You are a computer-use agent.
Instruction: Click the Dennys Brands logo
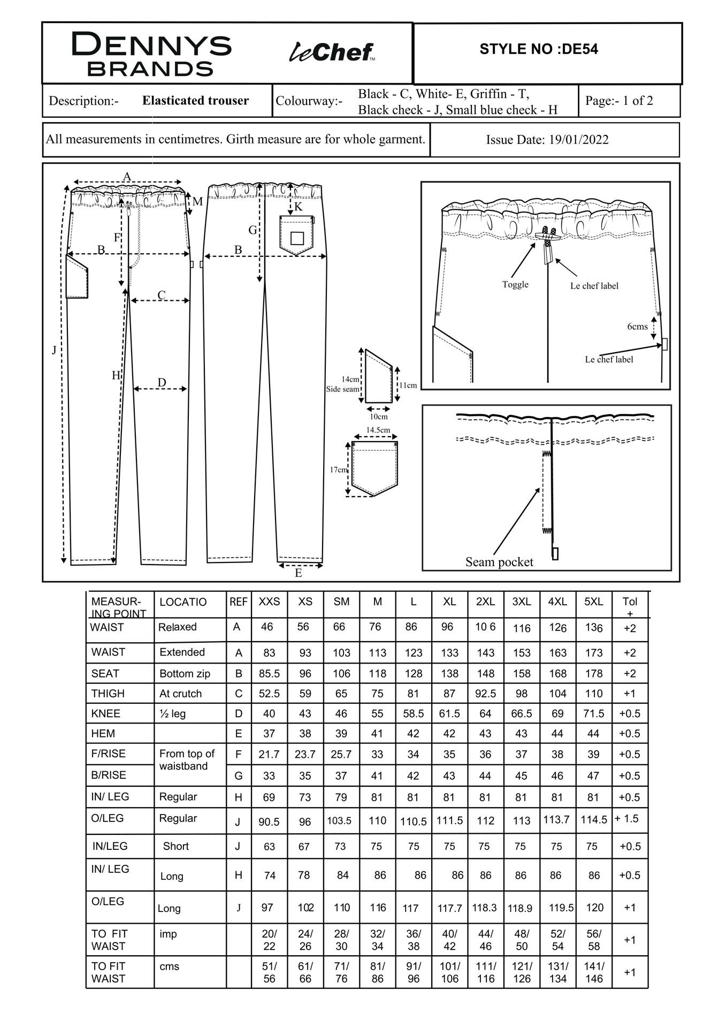pos(151,54)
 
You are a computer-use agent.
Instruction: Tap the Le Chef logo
pos(332,52)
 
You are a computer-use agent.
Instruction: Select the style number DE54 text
pos(538,49)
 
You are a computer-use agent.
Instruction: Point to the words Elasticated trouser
pos(195,101)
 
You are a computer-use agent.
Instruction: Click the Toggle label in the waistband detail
pos(515,284)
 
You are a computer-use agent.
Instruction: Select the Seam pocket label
pos(499,562)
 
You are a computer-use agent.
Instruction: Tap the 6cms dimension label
pos(637,326)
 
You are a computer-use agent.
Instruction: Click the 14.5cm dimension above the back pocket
pos(378,430)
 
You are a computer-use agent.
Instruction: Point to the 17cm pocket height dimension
pos(338,469)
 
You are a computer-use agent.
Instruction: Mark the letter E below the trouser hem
pos(299,573)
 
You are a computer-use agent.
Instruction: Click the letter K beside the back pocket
pos(299,207)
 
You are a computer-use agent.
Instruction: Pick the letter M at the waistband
pos(197,202)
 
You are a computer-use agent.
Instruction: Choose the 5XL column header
pos(593,602)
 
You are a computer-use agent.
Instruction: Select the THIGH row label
pos(108,694)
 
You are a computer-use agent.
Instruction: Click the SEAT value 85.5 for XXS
pos(269,674)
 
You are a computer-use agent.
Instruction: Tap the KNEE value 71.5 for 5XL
pos(594,713)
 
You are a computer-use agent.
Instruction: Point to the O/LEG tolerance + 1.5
pos(626,818)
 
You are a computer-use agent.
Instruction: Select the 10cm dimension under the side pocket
pos(378,416)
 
